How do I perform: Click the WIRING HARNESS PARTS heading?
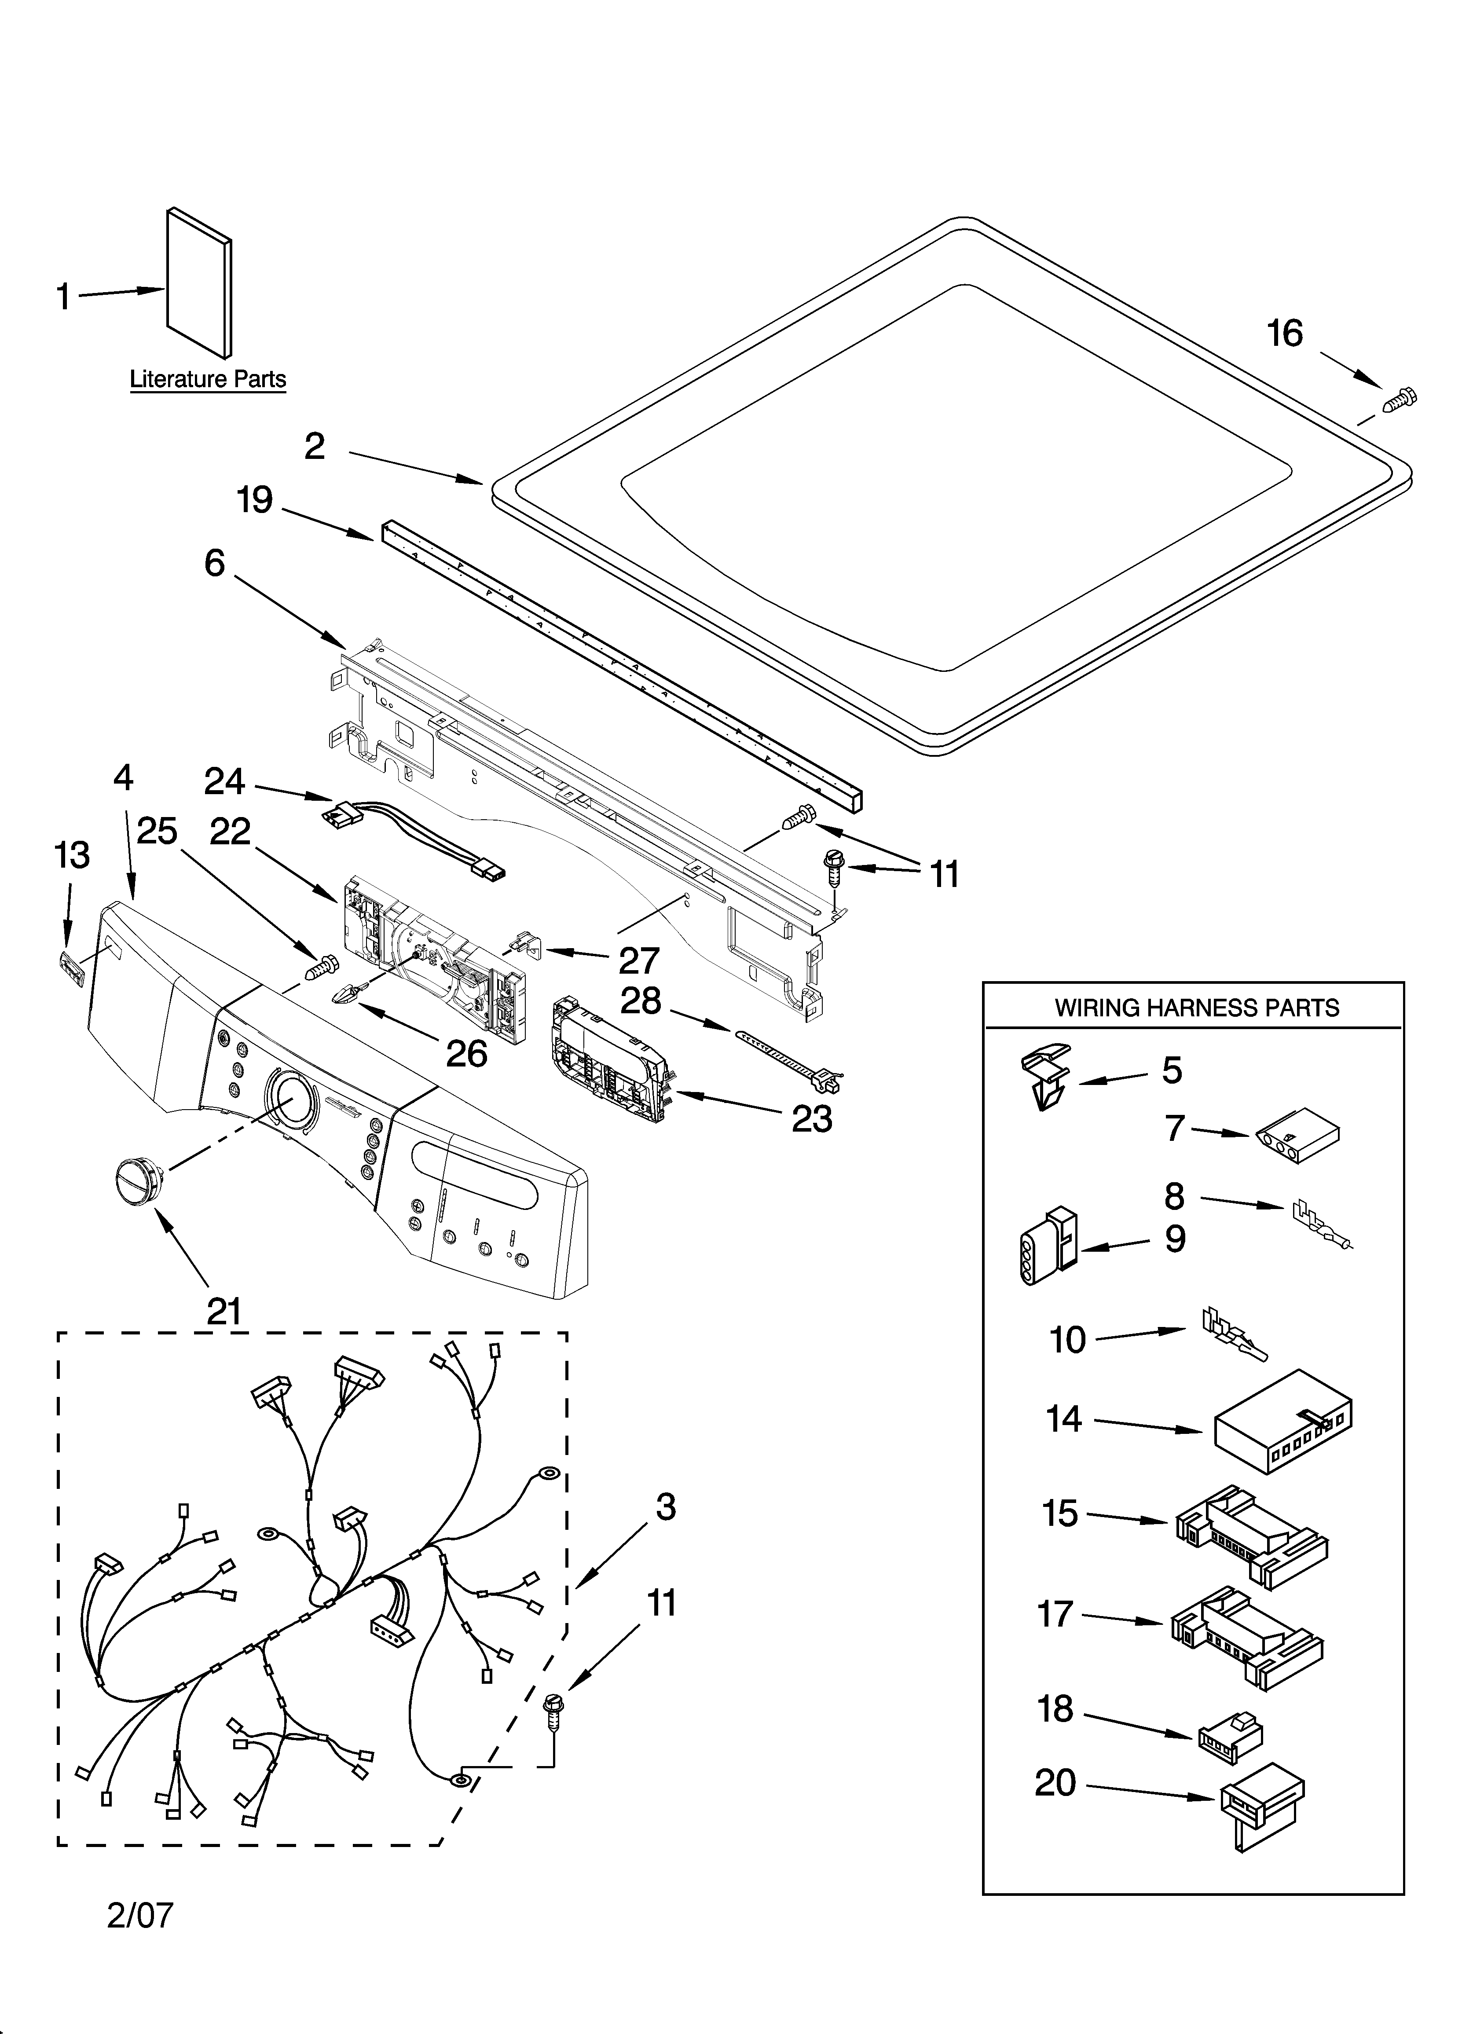pyautogui.click(x=1196, y=1008)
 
